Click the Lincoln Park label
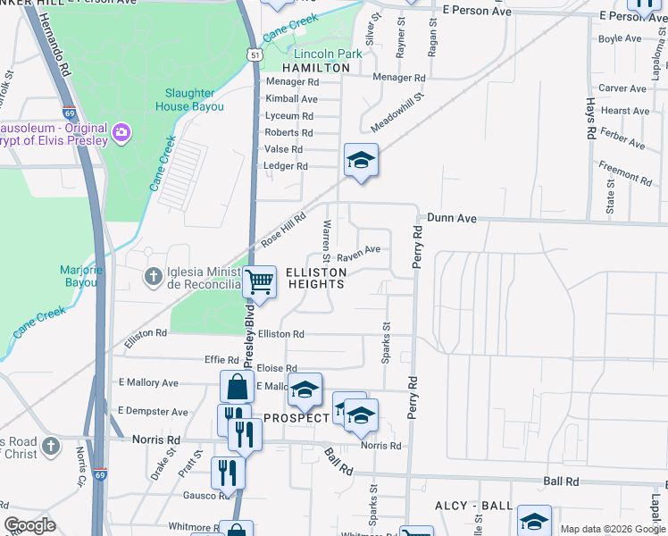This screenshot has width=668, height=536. click(328, 54)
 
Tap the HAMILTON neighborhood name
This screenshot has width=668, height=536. click(316, 68)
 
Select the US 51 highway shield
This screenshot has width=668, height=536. click(256, 55)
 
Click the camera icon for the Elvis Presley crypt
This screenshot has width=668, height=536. click(121, 134)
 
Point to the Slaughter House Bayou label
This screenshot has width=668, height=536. click(189, 100)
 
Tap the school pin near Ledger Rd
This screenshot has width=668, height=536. click(360, 161)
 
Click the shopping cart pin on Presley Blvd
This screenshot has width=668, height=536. click(259, 282)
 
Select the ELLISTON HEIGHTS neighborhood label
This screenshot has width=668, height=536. click(314, 277)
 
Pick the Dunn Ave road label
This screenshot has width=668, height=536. click(454, 217)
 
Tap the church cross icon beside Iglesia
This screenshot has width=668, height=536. click(154, 277)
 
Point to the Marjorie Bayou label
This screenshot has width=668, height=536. click(81, 276)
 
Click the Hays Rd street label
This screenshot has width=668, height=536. click(590, 118)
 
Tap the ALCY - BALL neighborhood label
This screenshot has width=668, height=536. click(472, 506)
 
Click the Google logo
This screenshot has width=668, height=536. click(29, 526)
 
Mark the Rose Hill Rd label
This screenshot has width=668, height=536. click(283, 230)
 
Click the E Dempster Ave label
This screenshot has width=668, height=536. click(153, 412)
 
